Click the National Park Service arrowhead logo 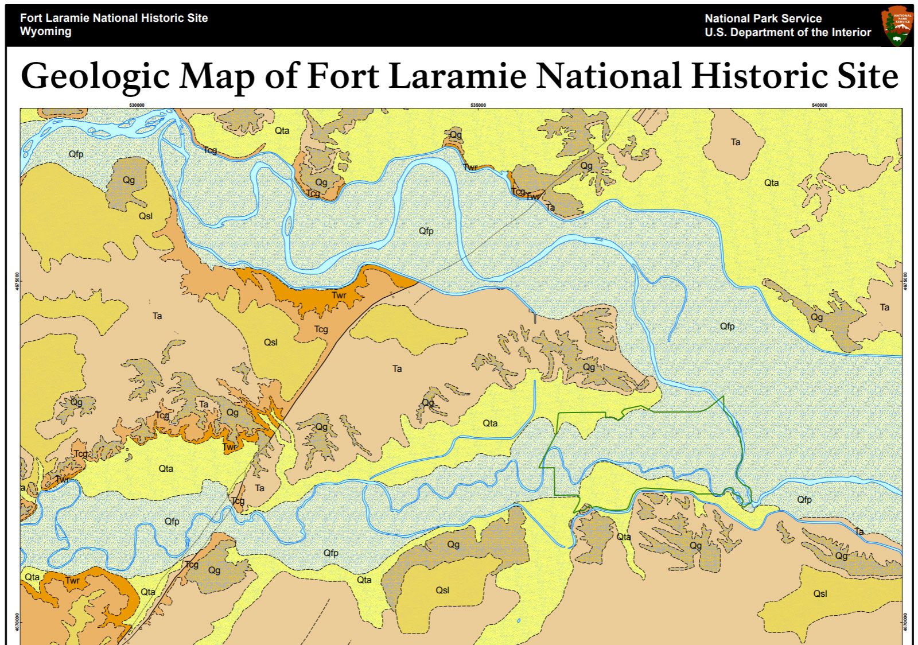(x=897, y=26)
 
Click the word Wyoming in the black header (x=45, y=32)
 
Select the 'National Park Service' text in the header (x=763, y=18)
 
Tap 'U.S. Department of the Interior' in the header (x=787, y=33)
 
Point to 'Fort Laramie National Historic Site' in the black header (x=114, y=18)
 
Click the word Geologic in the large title (x=95, y=76)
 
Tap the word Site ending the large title (x=867, y=76)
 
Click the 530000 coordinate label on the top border (x=137, y=105)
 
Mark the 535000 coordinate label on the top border (x=478, y=105)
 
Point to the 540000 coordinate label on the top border (x=819, y=105)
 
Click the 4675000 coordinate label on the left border (x=17, y=281)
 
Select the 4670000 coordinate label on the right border (x=906, y=622)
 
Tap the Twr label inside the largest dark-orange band (x=339, y=296)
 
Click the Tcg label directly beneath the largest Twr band (x=321, y=329)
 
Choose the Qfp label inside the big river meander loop (x=426, y=231)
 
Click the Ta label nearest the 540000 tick (x=736, y=142)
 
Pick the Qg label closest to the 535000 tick (x=456, y=135)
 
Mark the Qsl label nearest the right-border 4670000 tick (x=820, y=593)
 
